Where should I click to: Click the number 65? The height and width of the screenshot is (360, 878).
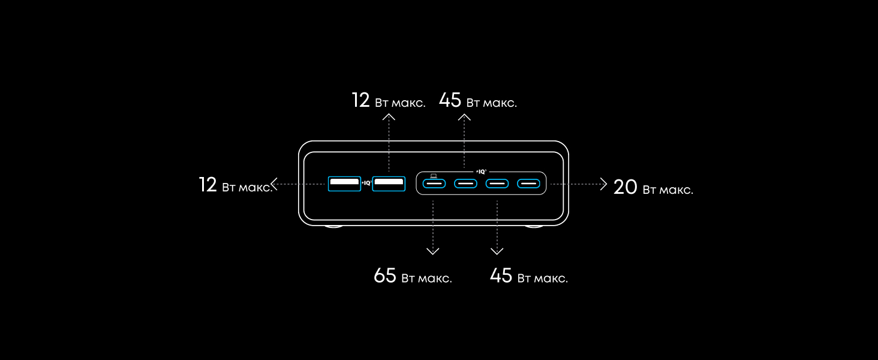click(385, 275)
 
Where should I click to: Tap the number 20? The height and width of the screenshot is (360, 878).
click(625, 187)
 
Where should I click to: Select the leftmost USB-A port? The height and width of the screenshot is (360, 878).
click(344, 184)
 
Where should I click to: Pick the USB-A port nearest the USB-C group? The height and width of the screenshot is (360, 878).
click(389, 184)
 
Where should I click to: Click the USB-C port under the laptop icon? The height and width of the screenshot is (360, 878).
click(434, 184)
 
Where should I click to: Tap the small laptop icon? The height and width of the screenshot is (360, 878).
click(434, 176)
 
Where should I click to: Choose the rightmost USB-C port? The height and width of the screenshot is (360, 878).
click(528, 184)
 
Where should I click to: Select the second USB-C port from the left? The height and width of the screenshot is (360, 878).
click(465, 184)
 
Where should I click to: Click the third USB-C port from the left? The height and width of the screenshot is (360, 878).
click(497, 184)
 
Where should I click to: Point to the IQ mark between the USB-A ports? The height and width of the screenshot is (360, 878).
click(366, 183)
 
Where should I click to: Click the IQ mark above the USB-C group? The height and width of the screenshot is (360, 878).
click(482, 172)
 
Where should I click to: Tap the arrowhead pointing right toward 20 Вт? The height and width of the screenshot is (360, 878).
click(603, 184)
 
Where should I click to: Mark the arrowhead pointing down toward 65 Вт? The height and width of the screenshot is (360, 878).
click(433, 251)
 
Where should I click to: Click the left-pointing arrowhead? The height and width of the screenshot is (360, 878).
click(274, 184)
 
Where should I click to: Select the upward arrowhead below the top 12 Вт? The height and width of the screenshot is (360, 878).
click(389, 116)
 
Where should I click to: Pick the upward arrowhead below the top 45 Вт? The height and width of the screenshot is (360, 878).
click(464, 117)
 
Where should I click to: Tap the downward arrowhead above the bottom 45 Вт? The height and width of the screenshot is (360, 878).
click(497, 251)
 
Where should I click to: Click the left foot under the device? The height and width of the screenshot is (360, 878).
click(333, 226)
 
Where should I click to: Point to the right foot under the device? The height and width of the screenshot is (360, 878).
click(534, 226)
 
